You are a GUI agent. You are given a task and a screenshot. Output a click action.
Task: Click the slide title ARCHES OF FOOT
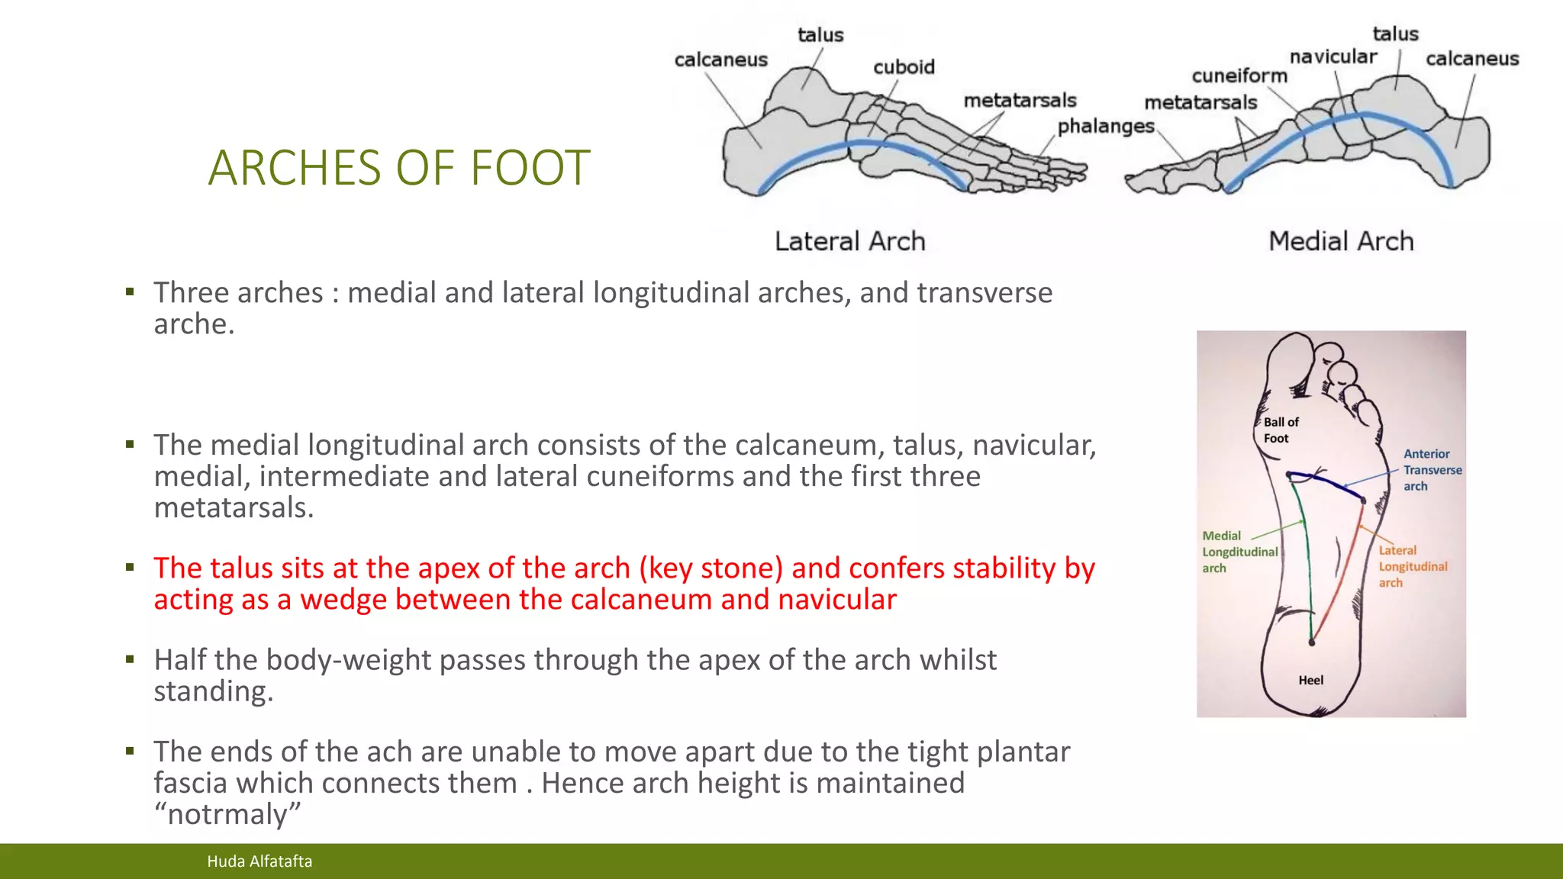coord(399,168)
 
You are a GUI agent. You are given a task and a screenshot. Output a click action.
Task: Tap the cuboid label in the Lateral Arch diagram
coord(904,67)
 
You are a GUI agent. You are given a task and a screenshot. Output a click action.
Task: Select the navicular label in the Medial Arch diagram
coord(1333,57)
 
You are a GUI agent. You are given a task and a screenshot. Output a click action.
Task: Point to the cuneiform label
coord(1239,76)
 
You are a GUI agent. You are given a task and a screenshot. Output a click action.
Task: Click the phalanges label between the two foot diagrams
coord(1105,126)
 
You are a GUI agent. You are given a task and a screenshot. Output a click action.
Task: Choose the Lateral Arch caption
coord(849,242)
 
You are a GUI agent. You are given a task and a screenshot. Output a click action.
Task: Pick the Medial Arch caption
coord(1341,242)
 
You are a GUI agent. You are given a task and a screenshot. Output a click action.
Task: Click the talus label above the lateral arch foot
coord(820,35)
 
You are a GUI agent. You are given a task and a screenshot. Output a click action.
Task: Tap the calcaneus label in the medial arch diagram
coord(1471,59)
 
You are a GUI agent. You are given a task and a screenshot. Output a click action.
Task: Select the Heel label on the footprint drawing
coord(1310,680)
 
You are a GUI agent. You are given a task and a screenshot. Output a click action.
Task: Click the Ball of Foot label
coord(1280,430)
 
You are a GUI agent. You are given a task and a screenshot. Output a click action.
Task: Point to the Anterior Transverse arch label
coord(1432,470)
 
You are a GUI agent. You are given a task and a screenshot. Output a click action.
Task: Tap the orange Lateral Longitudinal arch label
coord(1412,566)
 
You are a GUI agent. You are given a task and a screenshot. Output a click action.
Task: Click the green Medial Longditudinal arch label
coord(1238,552)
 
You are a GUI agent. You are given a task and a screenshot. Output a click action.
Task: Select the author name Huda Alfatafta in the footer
coord(259,861)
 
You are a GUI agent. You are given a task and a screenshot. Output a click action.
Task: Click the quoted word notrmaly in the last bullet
coord(227,814)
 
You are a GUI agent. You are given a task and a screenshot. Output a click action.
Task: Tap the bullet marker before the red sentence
coord(131,567)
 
